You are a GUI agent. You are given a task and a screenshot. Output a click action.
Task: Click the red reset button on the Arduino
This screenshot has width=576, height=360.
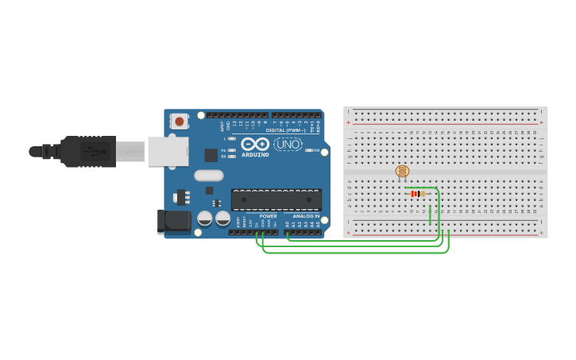tap(180, 122)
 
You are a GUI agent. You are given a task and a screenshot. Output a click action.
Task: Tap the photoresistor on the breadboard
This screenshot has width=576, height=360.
tap(402, 171)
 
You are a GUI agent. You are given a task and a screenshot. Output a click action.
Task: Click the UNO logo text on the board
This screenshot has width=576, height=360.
tap(288, 144)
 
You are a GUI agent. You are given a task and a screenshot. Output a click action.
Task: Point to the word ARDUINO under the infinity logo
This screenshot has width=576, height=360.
tap(255, 154)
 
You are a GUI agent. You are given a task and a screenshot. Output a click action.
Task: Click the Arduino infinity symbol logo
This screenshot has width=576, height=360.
tap(255, 144)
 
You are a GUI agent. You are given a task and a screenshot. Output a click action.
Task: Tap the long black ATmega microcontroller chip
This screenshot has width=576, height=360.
tap(276, 199)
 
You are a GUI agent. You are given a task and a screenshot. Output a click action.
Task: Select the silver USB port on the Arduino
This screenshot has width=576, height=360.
tap(168, 151)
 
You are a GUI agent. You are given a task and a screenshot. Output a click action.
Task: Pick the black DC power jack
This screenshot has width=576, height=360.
tap(175, 221)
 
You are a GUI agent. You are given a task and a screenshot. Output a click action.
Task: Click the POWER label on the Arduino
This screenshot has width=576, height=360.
tap(269, 215)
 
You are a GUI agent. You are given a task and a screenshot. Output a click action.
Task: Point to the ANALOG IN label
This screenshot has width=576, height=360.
tap(306, 215)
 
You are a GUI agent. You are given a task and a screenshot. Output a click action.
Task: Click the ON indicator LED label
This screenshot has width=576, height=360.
tap(316, 150)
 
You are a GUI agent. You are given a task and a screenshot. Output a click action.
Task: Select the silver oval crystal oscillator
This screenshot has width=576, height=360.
tap(208, 176)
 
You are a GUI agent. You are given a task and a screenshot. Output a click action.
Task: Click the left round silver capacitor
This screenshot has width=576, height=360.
tap(205, 218)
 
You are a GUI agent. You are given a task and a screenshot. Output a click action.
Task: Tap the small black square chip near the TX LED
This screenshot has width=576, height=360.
tap(211, 155)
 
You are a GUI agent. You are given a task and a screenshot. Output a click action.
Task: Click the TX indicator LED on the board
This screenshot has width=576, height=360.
tap(231, 150)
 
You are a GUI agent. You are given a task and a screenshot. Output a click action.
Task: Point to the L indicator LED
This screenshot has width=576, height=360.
tap(231, 139)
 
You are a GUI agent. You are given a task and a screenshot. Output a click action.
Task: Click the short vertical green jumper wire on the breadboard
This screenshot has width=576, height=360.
tap(430, 215)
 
